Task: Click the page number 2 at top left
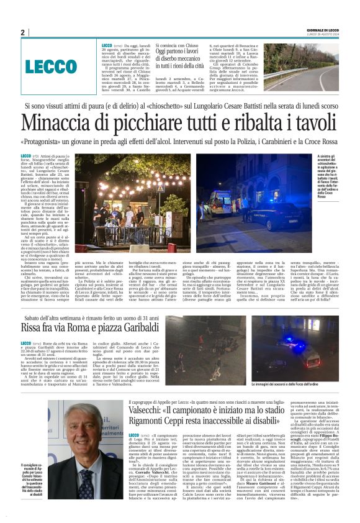tap(22, 32)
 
